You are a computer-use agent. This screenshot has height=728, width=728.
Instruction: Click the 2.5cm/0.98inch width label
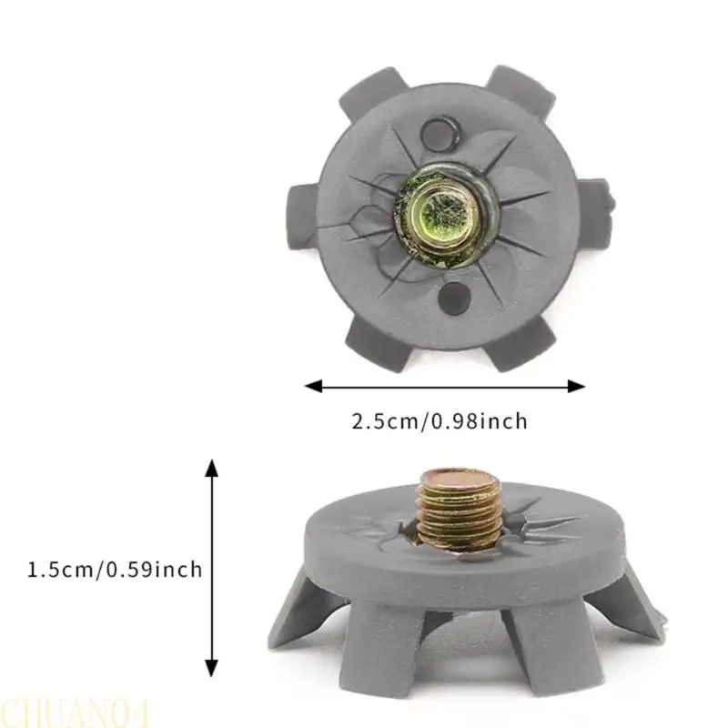click(x=440, y=421)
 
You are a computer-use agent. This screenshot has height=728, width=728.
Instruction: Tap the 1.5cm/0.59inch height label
click(x=115, y=570)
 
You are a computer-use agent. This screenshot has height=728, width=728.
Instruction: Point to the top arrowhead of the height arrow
click(x=212, y=468)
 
